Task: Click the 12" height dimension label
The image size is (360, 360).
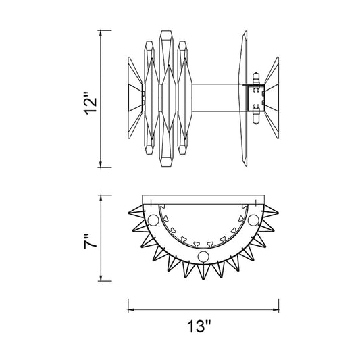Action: point(91,103)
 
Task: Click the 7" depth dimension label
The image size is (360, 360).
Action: point(91,242)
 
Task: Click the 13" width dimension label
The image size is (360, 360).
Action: point(199,326)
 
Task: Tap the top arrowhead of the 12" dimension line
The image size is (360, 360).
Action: point(101,33)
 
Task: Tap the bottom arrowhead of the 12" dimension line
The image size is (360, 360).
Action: point(101,164)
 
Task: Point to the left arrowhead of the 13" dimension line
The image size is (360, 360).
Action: point(131,310)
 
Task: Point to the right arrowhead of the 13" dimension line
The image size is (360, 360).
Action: point(276,310)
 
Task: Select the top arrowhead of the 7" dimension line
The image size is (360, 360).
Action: point(101,198)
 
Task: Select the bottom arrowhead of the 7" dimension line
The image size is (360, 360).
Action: point(101,278)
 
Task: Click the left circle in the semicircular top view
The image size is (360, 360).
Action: point(153,220)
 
